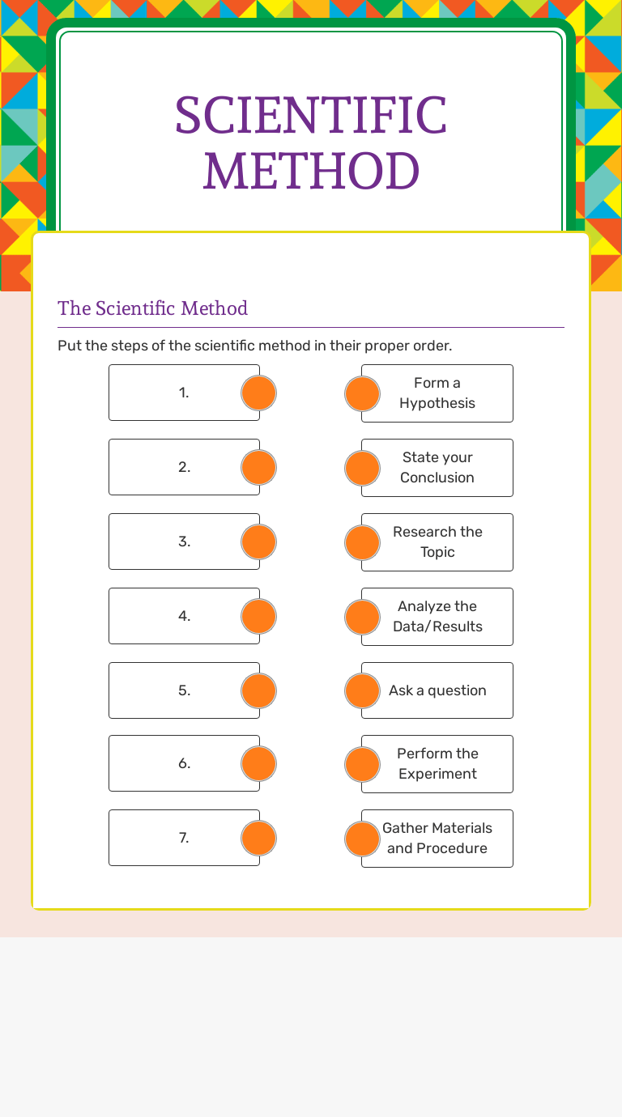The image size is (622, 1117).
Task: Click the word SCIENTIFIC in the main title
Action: coord(311,115)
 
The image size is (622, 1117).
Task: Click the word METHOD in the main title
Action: coord(311,170)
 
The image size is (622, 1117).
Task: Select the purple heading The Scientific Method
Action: coord(152,308)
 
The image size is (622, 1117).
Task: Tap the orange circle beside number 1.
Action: coord(258,393)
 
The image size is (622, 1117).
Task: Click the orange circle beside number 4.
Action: coord(258,616)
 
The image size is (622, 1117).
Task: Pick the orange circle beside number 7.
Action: coord(258,838)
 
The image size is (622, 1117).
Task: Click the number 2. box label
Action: coord(185,467)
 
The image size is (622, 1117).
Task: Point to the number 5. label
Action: coord(185,690)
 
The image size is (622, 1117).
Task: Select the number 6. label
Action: coord(185,763)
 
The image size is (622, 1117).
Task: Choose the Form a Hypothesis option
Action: coord(437,393)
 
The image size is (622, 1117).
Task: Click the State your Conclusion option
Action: coord(437,468)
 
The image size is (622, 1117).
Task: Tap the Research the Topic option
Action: coord(437,542)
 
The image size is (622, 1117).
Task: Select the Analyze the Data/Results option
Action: coord(437,617)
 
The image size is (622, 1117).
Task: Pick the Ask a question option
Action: coord(437,690)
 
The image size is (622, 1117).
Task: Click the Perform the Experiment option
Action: coord(437,764)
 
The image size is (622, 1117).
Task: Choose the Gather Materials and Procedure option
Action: coord(437,839)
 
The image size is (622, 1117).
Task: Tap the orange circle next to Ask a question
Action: coord(362,690)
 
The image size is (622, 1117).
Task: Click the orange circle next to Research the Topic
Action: coord(362,542)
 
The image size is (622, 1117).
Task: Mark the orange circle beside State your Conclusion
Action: coord(362,468)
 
